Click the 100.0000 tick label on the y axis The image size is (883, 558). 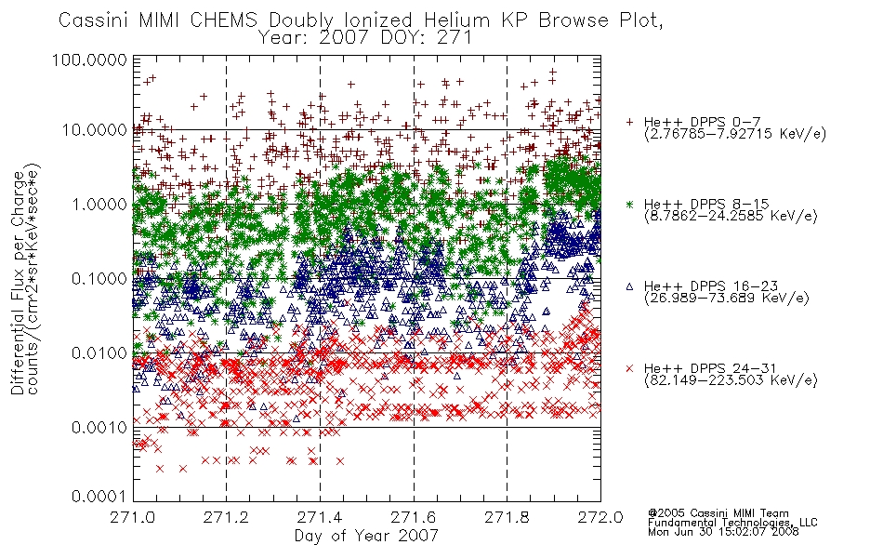[x=89, y=60]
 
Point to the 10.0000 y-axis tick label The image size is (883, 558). [x=95, y=130]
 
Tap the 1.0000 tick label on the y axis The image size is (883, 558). [x=99, y=204]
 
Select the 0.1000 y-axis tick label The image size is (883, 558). [x=99, y=278]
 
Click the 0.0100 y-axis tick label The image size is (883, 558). [x=99, y=353]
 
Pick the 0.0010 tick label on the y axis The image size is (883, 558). [x=99, y=428]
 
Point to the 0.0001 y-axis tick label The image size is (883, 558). [x=99, y=497]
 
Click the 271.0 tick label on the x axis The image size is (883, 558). [x=133, y=517]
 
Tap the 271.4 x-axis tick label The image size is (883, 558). [x=320, y=517]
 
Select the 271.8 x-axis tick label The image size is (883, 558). [x=507, y=517]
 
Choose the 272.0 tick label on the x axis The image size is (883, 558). [x=600, y=517]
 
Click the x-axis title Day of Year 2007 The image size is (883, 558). [x=366, y=536]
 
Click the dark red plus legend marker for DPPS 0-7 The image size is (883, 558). [x=629, y=122]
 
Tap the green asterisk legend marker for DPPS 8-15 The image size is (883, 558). [x=629, y=204]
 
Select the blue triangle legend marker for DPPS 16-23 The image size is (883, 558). [x=629, y=286]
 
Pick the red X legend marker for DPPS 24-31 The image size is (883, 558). [x=629, y=368]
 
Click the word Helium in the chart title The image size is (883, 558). [x=456, y=20]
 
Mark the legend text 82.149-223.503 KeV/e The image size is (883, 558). [x=731, y=380]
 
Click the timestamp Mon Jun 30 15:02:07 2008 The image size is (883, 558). [x=723, y=532]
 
